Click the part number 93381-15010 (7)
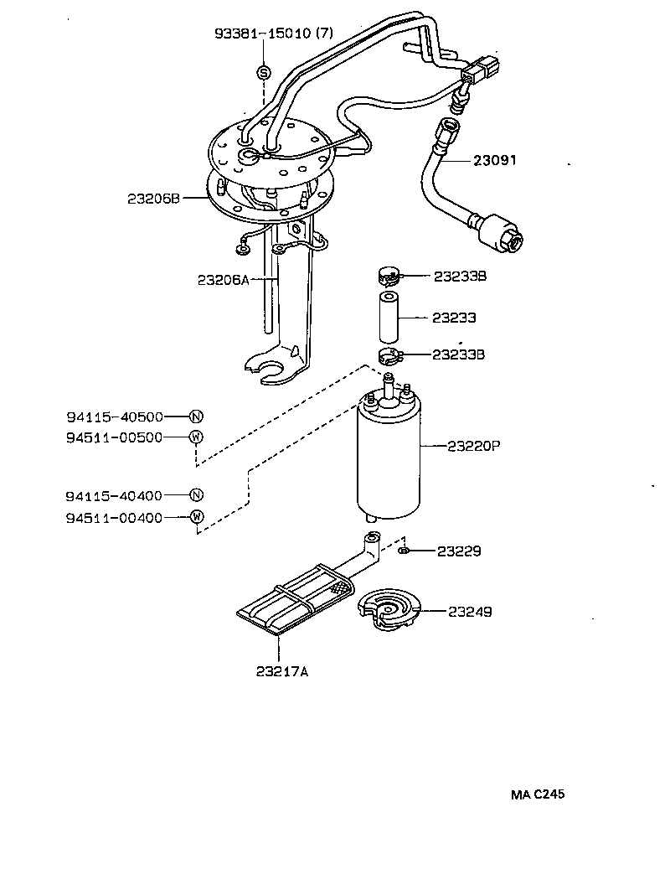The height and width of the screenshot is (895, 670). click(274, 34)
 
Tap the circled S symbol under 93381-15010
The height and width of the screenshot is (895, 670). click(263, 72)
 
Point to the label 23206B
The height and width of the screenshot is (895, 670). click(153, 199)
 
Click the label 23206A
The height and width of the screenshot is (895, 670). click(224, 280)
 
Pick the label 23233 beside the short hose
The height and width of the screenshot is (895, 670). click(454, 318)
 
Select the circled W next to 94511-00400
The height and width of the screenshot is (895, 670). click(196, 517)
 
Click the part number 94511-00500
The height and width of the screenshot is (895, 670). click(114, 437)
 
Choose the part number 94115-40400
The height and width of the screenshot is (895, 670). click(114, 496)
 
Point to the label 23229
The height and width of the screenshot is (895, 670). click(457, 551)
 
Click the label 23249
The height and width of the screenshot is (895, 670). click(470, 612)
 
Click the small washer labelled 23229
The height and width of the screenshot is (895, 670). click(404, 551)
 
